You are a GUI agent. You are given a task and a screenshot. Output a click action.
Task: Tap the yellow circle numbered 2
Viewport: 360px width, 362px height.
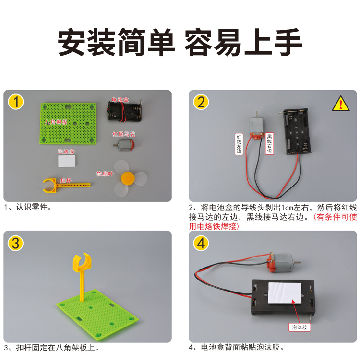click(x=201, y=102)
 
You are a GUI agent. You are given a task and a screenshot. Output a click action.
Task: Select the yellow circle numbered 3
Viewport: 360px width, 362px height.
click(x=16, y=243)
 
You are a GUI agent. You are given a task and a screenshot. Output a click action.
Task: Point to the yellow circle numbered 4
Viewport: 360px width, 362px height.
click(x=201, y=243)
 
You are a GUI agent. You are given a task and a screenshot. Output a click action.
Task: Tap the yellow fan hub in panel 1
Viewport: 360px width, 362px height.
click(x=128, y=179)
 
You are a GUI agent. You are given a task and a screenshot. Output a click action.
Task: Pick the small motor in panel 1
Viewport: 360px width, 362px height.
click(x=124, y=144)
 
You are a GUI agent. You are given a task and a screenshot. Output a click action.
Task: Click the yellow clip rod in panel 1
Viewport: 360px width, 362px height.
click(x=62, y=184)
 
